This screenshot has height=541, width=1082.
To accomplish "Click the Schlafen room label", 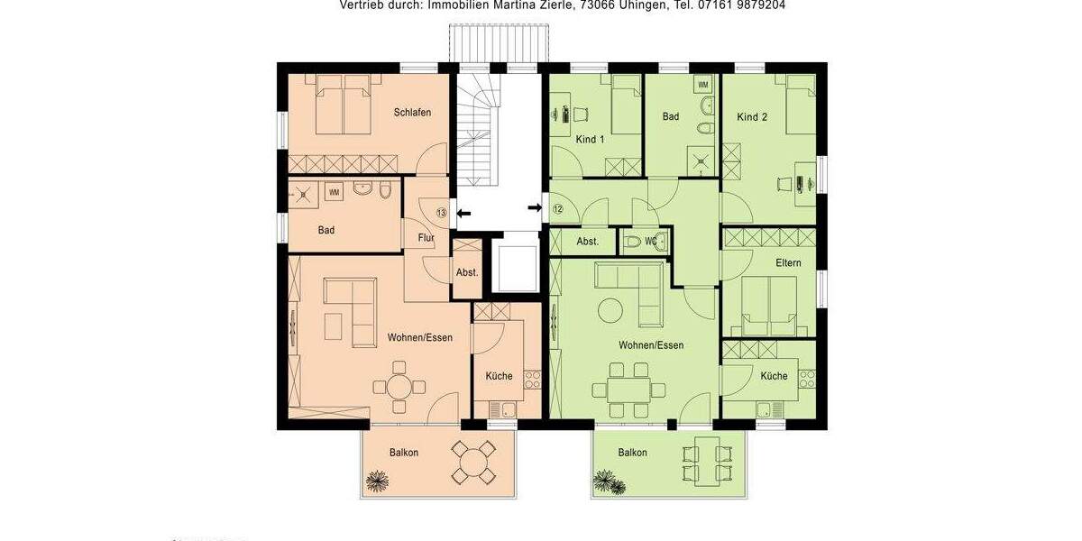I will [x=412, y=113].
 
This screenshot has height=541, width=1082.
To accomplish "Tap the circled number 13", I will [x=441, y=213].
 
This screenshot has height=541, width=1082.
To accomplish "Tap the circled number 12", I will [x=557, y=209].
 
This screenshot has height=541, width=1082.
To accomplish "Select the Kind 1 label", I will [x=590, y=140].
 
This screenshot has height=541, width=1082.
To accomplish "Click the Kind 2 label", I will [x=752, y=117].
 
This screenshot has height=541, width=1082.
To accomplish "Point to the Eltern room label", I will [x=788, y=263].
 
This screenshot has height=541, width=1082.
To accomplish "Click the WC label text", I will [x=651, y=241].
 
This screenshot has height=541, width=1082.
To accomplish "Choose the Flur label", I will [x=426, y=238].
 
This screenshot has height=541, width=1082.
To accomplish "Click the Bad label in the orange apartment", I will [x=326, y=231].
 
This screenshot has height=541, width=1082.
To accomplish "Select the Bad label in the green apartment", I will [x=670, y=117].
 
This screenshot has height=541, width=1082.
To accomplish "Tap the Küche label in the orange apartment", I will [x=499, y=376].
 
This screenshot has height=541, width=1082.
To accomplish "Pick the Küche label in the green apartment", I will [x=774, y=376].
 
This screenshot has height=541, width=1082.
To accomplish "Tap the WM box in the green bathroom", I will [x=703, y=85].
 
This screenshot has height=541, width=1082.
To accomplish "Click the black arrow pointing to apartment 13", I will [x=463, y=214].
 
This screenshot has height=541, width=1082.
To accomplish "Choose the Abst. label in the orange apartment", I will [x=467, y=271].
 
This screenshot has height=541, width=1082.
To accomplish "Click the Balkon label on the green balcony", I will [x=633, y=453].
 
